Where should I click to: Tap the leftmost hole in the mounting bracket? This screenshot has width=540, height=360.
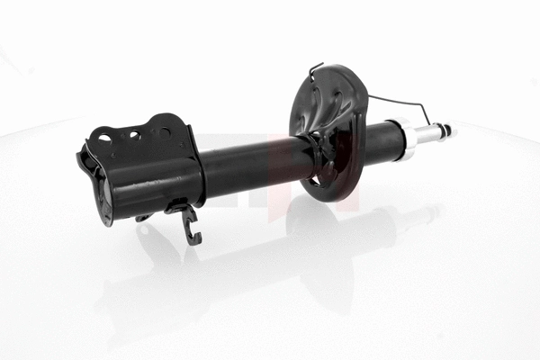click(x=105, y=138)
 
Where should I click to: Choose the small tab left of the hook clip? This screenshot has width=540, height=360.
click(x=143, y=217)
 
